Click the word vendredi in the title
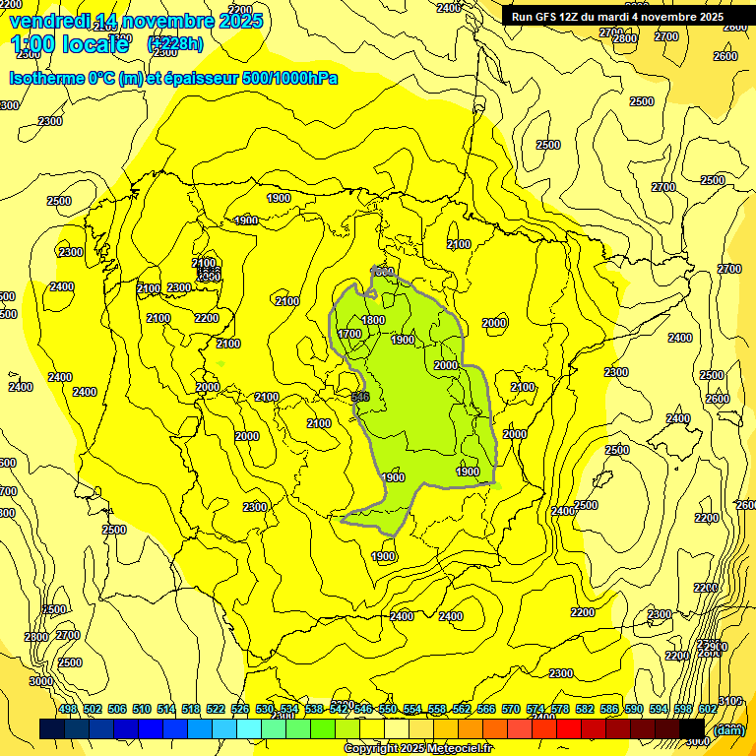49,21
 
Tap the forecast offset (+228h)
175,43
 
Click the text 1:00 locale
69,44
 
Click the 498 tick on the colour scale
68,709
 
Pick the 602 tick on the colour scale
708,709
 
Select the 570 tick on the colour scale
510,709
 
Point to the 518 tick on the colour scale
191,709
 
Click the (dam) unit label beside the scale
729,729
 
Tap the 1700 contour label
349,334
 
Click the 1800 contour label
373,320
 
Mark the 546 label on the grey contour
360,396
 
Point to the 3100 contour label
730,701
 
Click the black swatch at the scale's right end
692,729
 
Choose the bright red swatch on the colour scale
569,729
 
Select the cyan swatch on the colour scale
249,729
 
